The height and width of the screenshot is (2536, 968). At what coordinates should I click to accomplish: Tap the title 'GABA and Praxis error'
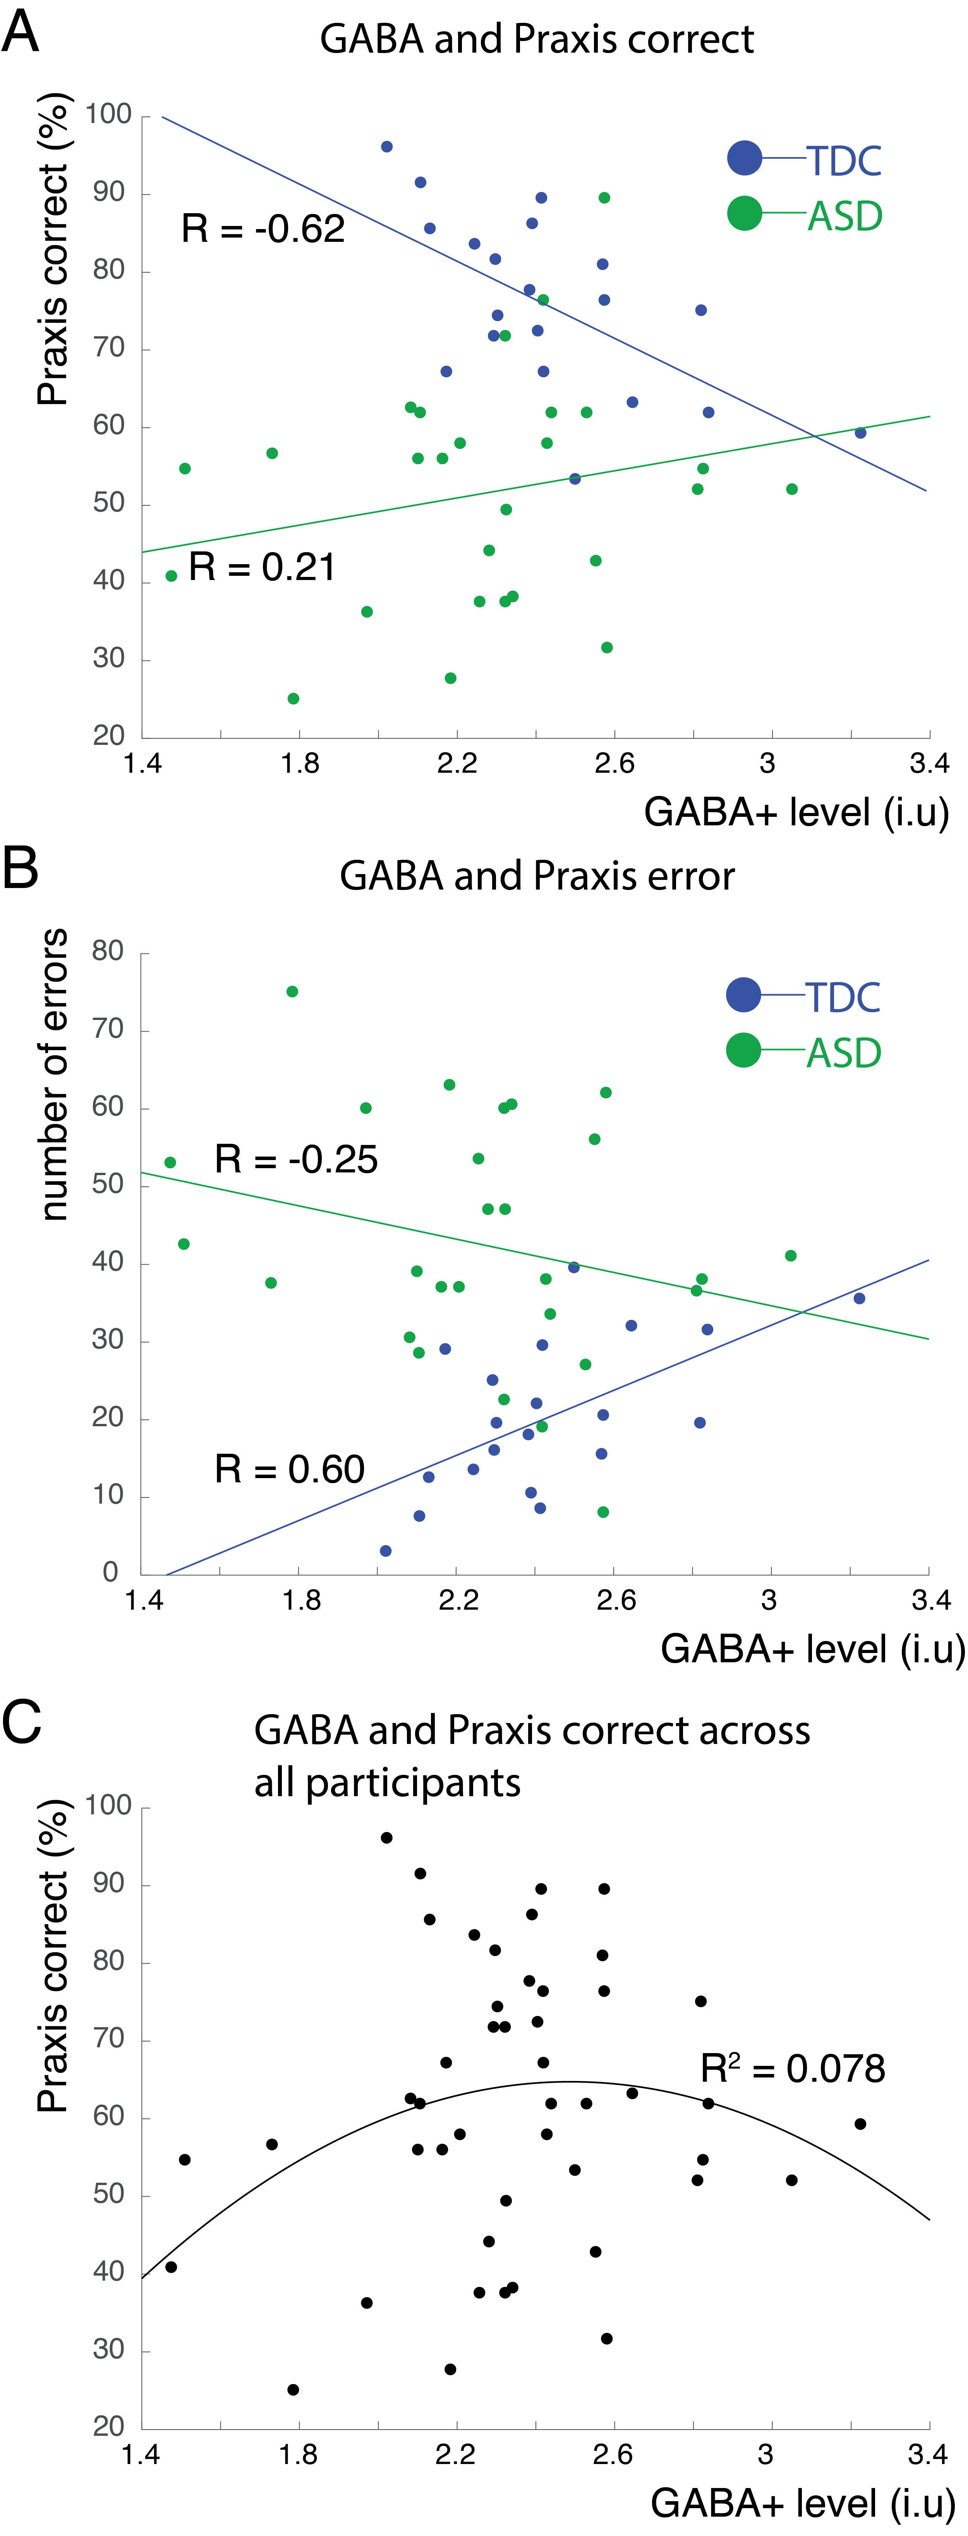[537, 875]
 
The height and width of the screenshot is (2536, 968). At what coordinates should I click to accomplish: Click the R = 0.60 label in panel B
[290, 1469]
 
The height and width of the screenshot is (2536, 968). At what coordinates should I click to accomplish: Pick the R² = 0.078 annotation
[792, 2068]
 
